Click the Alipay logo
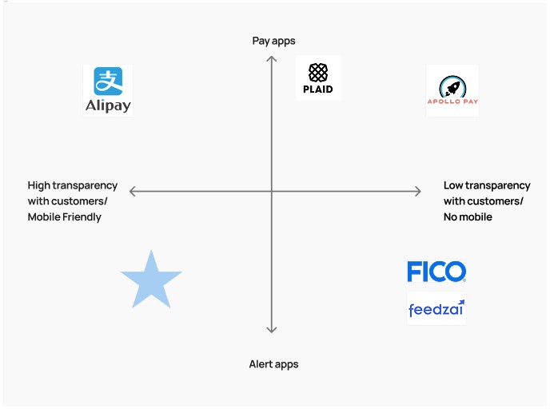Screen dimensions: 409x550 (108, 91)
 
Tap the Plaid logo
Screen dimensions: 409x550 (318, 78)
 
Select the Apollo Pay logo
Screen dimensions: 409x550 (452, 91)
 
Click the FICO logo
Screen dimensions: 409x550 (436, 272)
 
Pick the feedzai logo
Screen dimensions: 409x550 (436, 308)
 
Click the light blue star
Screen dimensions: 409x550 (151, 280)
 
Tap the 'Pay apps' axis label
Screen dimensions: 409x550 (273, 41)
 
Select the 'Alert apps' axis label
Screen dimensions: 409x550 (273, 364)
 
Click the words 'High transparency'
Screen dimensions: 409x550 (73, 185)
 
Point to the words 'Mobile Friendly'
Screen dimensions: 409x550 (65, 217)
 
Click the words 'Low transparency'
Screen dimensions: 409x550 (487, 185)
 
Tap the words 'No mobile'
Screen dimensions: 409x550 (468, 217)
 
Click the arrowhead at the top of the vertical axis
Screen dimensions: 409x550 (272, 58)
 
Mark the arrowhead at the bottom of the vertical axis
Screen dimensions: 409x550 (272, 329)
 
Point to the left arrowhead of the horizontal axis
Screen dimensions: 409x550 (133, 191)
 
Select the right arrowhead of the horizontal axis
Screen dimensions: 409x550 (417, 191)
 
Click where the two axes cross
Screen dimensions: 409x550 (272, 191)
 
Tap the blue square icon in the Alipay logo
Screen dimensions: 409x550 (108, 81)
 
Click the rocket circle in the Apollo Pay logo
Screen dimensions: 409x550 (452, 86)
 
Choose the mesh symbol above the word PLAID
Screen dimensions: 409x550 (318, 72)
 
